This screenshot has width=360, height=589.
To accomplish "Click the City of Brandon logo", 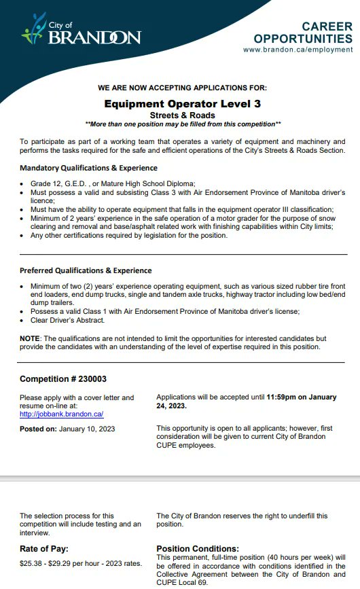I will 82,33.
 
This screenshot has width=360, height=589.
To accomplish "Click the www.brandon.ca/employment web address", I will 298,50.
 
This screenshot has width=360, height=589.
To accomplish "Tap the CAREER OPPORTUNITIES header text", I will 303,32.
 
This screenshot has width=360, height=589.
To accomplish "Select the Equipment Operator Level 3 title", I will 182,103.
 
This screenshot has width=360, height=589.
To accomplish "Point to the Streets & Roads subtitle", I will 182,115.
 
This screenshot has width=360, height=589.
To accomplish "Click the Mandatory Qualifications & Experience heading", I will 88,168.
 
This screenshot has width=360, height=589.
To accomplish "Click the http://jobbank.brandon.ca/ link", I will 61,413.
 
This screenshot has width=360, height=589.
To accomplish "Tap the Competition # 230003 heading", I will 63,379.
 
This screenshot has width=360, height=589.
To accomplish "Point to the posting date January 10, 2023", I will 87,429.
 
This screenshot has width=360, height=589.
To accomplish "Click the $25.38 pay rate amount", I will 33,564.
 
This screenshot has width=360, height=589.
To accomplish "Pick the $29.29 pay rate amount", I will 72,564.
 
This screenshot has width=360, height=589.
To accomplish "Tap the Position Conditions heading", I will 198,548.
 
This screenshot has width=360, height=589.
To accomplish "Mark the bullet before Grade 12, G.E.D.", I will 24,184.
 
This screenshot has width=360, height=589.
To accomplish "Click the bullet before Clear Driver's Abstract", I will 24,320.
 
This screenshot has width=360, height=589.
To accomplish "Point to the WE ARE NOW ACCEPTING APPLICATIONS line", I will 182,88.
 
